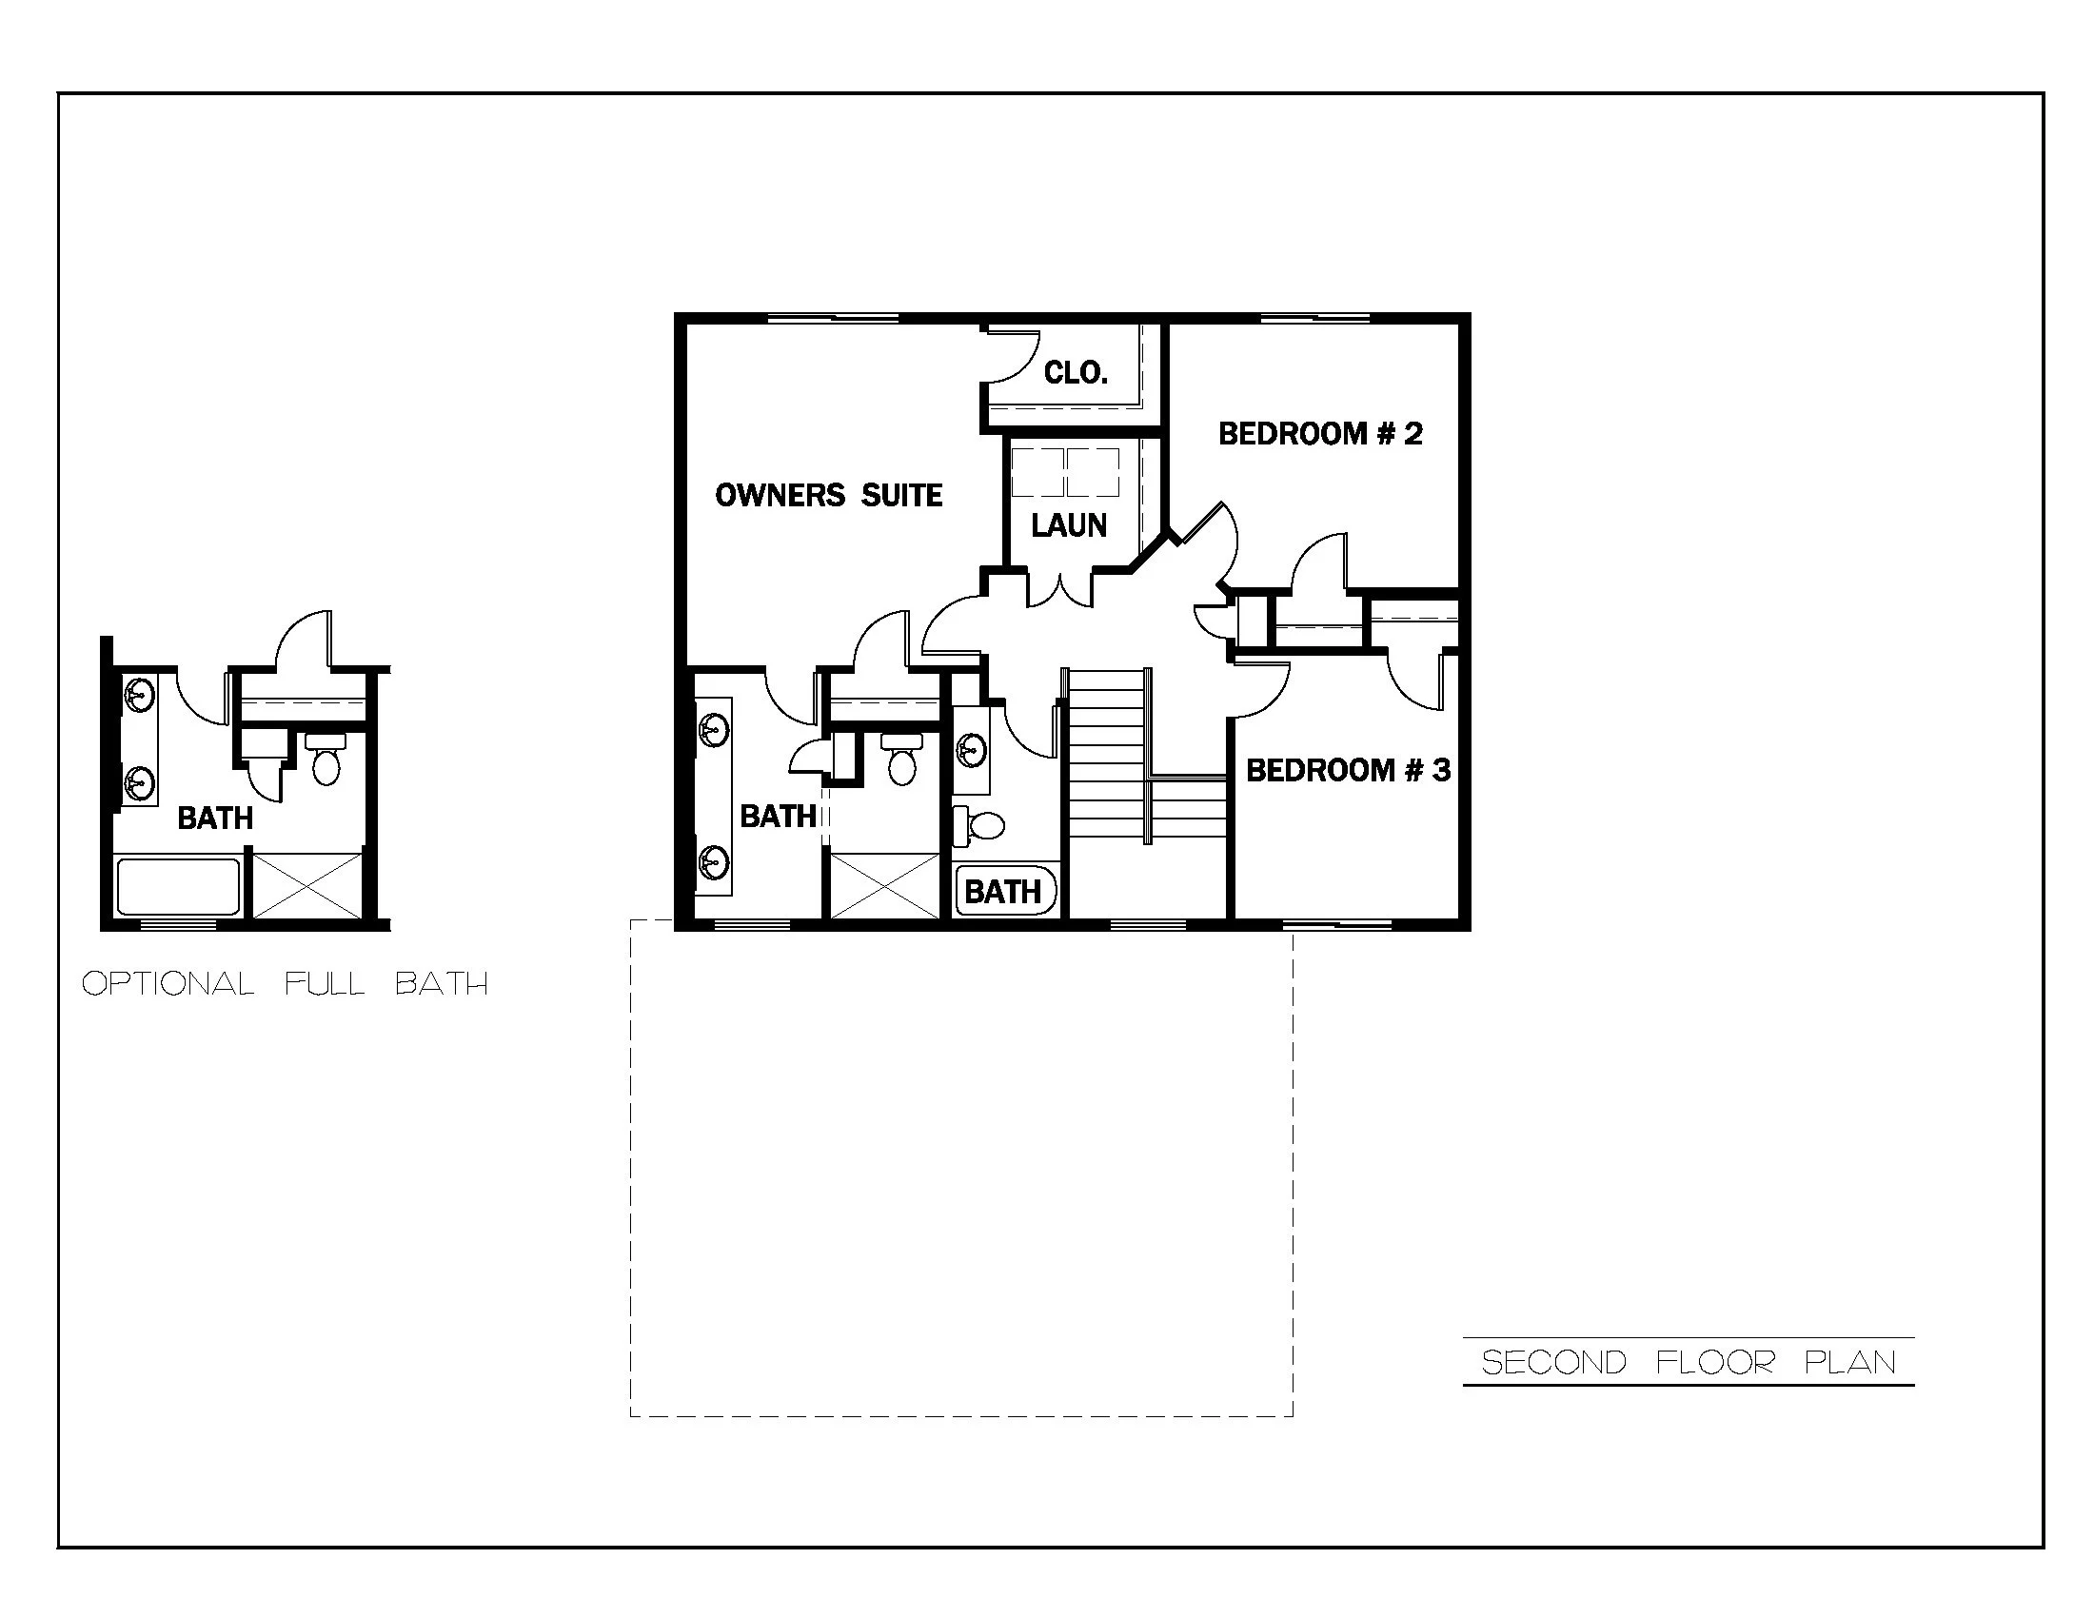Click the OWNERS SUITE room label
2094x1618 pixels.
(x=828, y=496)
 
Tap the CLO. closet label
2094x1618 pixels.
(x=1076, y=372)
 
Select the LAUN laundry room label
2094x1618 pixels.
(x=1069, y=525)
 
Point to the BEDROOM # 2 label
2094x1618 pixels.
(x=1320, y=434)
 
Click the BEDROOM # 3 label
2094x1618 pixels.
(x=1348, y=770)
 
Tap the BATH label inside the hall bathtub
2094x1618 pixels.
(x=1003, y=892)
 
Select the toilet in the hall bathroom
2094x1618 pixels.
(x=979, y=824)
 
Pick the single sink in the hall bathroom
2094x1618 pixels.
(x=972, y=750)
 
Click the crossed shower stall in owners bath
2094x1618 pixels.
(x=885, y=886)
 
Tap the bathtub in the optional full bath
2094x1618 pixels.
(x=177, y=887)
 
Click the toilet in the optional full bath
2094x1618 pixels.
(x=326, y=760)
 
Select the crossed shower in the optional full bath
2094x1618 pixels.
(x=307, y=886)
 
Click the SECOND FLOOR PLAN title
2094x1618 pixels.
(x=1689, y=1362)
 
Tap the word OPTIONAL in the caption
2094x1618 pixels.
(x=168, y=983)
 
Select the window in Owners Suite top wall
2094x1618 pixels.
(x=833, y=318)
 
